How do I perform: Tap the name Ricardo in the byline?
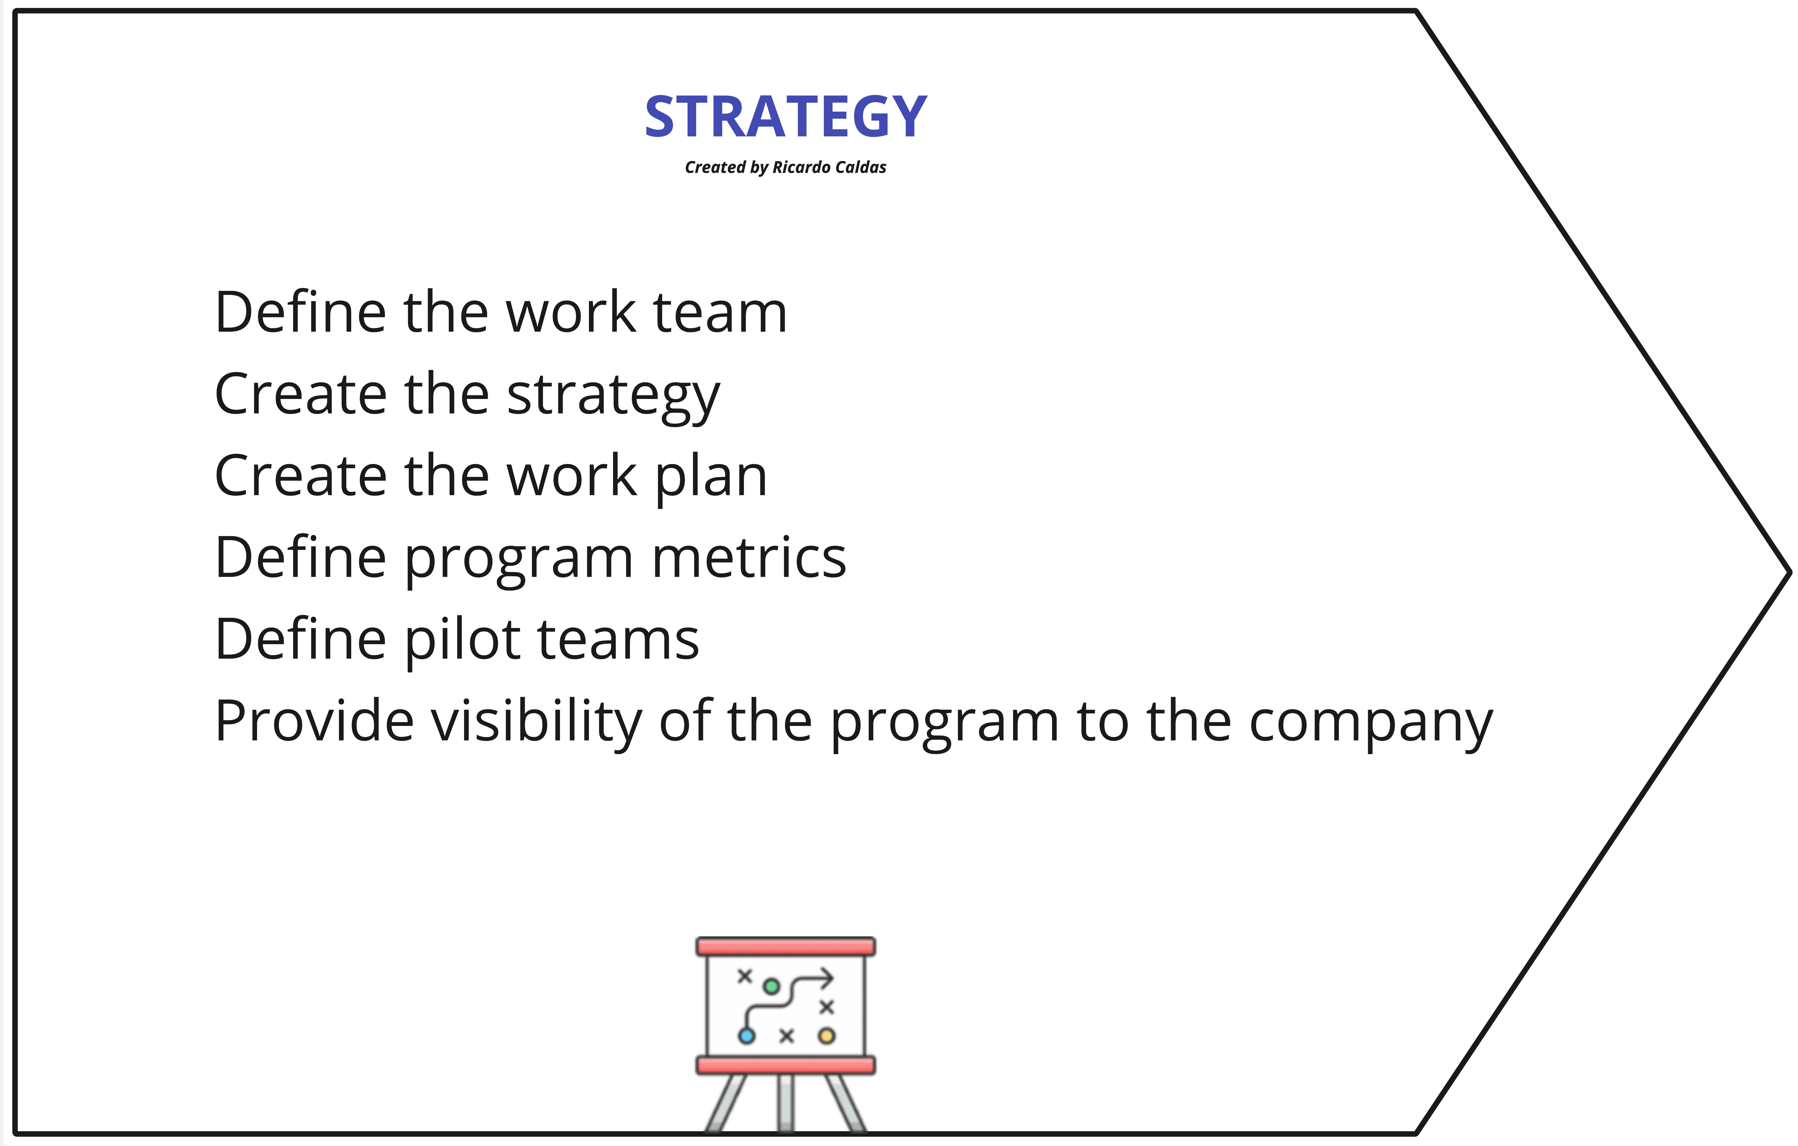coord(800,167)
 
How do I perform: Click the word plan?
coord(711,478)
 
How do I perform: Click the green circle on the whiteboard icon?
coord(771,987)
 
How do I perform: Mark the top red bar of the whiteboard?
coord(786,947)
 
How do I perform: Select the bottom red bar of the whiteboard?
coord(786,1065)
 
